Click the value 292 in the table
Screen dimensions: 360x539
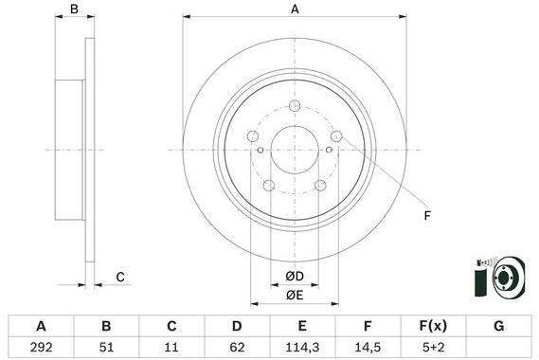(x=41, y=347)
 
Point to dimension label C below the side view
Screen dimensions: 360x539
(x=120, y=277)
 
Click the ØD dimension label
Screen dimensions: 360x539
(x=295, y=276)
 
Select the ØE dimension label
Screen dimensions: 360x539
(x=295, y=295)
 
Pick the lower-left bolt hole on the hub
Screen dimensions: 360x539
(x=268, y=185)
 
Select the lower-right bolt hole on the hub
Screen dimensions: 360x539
(x=320, y=185)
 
